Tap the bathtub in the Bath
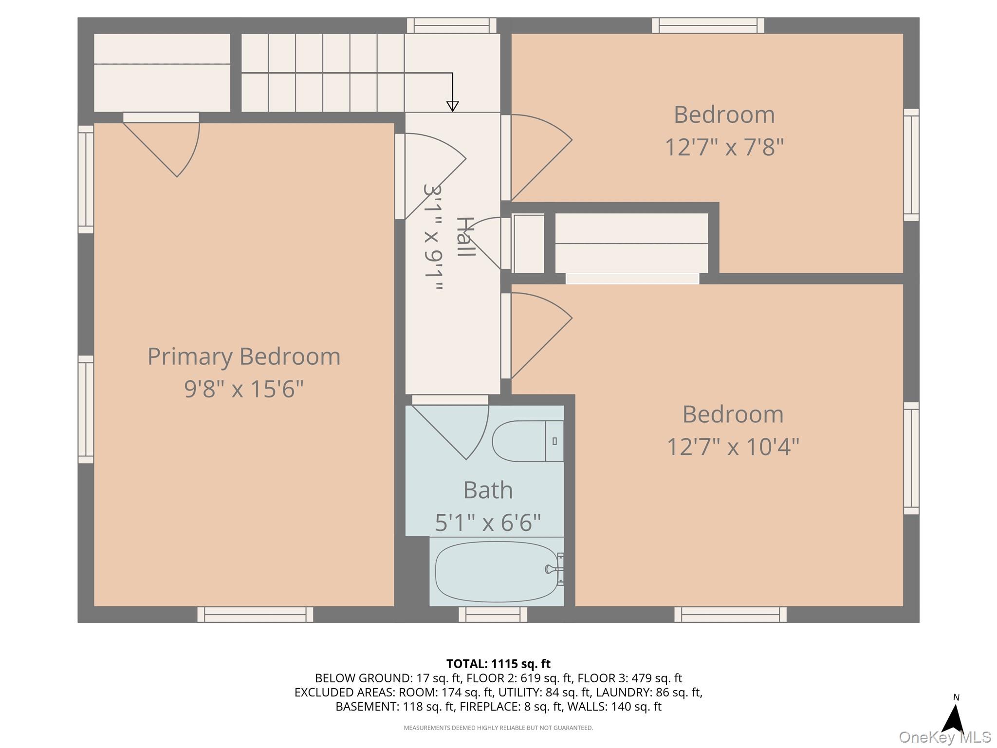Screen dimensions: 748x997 497,571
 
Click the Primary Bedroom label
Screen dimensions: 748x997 244,356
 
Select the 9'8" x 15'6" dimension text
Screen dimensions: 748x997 244,389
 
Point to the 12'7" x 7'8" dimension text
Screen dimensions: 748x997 724,147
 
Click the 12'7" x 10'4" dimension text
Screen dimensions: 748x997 733,447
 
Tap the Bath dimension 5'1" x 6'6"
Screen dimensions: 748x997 488,523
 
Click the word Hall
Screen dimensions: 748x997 465,237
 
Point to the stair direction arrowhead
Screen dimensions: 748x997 453,106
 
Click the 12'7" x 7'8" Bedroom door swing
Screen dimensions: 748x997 538,156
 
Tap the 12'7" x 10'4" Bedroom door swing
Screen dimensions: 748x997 538,335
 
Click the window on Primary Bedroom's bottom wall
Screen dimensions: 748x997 255,615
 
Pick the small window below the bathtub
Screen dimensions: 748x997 493,615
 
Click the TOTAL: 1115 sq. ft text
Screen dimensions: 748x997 498,664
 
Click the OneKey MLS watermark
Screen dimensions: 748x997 944,737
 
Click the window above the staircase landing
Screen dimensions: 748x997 452,25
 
